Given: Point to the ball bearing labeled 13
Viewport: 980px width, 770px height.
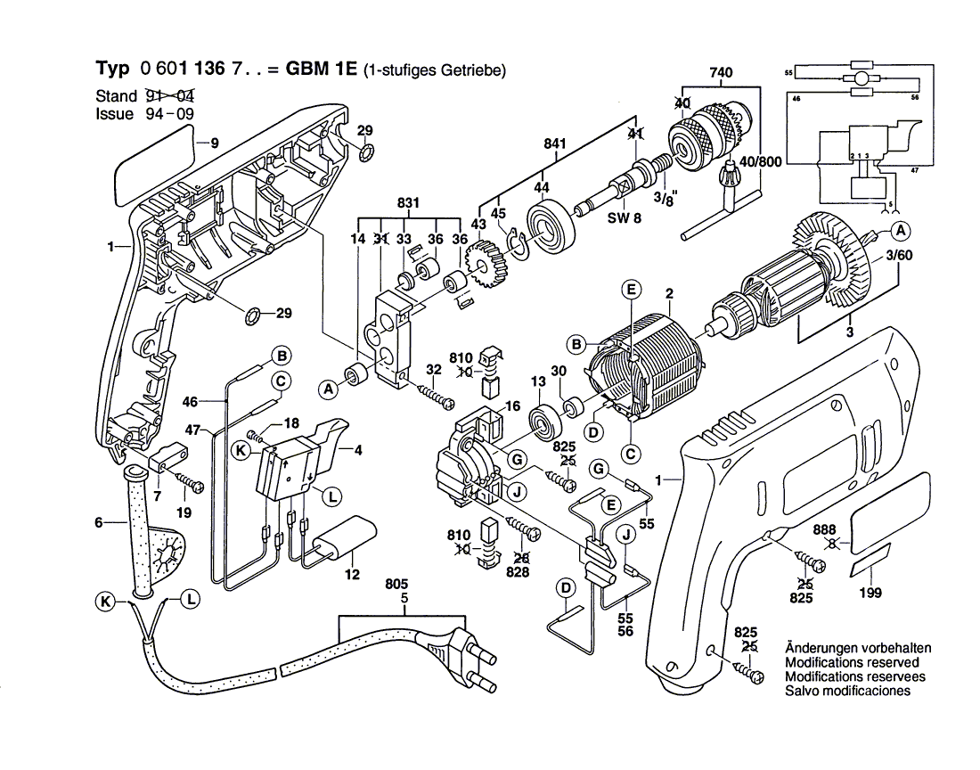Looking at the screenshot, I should (x=543, y=420).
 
